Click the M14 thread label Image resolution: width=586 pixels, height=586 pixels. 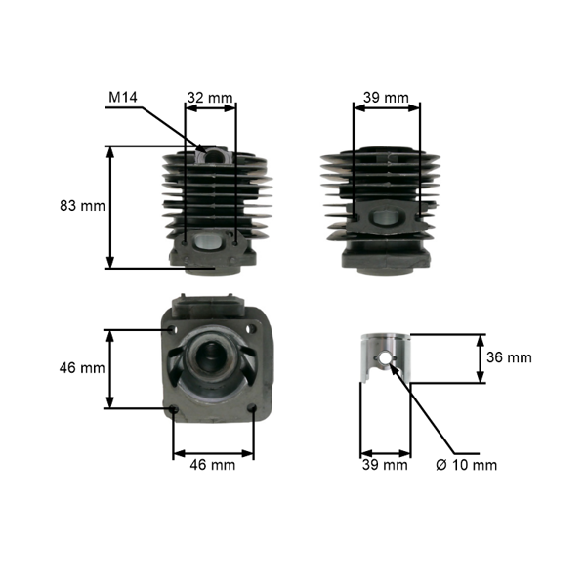123,97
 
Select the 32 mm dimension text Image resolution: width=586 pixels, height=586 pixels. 210,98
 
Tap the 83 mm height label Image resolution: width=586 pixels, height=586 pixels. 83,205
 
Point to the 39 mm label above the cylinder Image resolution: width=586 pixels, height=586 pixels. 387,98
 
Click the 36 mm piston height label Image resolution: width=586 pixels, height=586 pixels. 509,357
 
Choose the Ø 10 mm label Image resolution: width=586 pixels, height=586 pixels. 467,465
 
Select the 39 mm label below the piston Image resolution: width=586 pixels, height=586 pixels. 385,465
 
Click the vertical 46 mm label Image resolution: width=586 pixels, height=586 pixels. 82,368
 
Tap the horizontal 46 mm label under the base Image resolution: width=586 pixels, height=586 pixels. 213,465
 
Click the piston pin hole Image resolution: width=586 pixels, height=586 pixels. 385,358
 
